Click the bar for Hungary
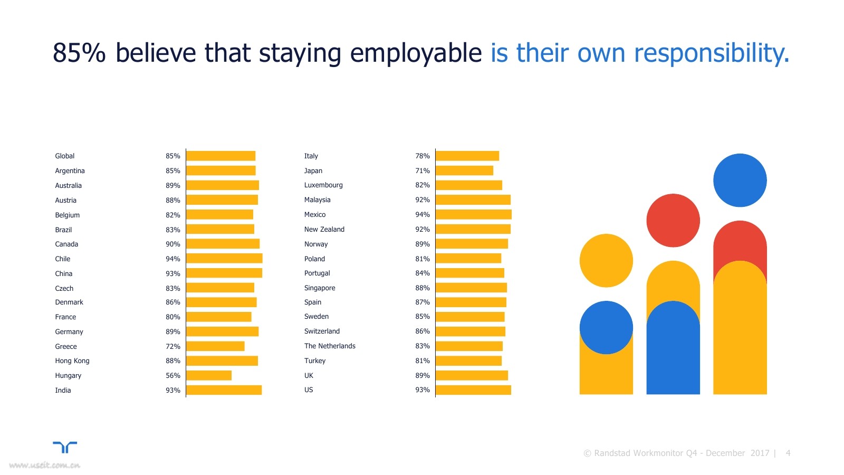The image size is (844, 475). [x=209, y=375]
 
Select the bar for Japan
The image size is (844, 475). [x=464, y=170]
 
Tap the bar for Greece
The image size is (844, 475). [x=215, y=346]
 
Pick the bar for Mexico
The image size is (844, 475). [x=473, y=214]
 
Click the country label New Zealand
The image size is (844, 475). [x=324, y=229]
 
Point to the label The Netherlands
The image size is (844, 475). [x=330, y=346]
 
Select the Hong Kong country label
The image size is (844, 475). [x=72, y=360]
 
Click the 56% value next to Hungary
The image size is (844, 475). [x=172, y=375]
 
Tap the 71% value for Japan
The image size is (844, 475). [x=422, y=170]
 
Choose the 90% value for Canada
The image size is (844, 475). [x=172, y=244]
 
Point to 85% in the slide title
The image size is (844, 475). [x=79, y=53]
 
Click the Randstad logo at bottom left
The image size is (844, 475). [x=65, y=448]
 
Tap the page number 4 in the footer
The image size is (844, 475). [x=788, y=453]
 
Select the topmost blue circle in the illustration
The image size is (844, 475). [x=740, y=180]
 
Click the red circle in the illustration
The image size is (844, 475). [x=673, y=220]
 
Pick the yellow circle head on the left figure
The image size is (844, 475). [x=606, y=260]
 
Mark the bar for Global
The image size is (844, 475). [x=220, y=156]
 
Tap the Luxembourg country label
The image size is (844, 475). [x=323, y=185]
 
